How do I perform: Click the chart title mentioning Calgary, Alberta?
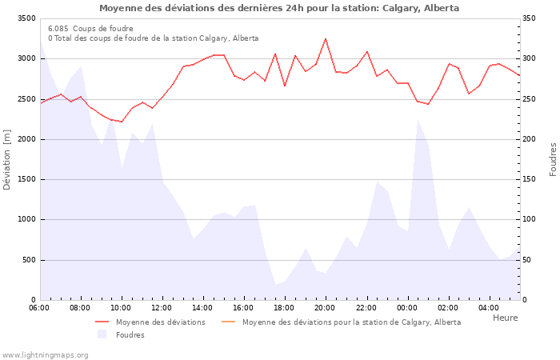pos(279,8)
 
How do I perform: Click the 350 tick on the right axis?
pos(532,18)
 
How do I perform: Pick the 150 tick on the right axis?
pos(532,179)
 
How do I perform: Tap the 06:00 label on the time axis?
pos(39,307)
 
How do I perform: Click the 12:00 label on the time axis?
pos(162,307)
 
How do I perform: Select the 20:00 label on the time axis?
pos(325,307)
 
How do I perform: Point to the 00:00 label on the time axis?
pos(407,307)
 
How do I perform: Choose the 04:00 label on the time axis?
pos(489,307)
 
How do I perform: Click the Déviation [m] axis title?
pos(7,160)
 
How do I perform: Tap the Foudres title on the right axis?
pos(553,159)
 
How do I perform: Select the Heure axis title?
pos(505,318)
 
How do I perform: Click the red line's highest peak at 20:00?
pos(325,38)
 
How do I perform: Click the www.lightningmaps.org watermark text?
pos(45,354)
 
